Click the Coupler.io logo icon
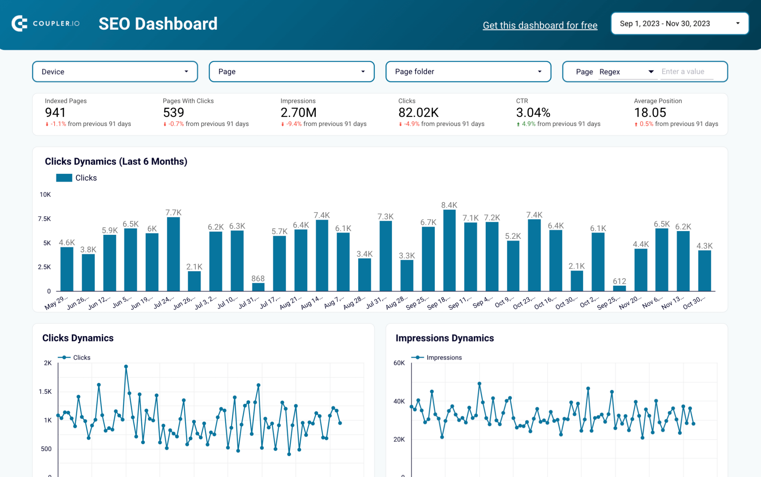point(19,23)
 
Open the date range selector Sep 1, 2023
point(679,23)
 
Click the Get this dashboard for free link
point(540,25)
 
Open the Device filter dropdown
point(115,72)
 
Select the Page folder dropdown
point(468,72)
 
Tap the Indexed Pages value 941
point(55,112)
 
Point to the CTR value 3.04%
point(533,112)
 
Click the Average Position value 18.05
point(650,112)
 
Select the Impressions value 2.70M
point(298,112)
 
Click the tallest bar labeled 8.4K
point(449,250)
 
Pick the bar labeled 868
point(258,287)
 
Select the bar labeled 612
point(619,288)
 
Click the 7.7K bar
point(174,254)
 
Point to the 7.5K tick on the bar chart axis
point(44,219)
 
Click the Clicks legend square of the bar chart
point(64,178)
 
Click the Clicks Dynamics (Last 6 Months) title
point(116,162)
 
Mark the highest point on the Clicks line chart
point(126,367)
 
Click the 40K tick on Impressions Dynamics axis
point(399,401)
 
